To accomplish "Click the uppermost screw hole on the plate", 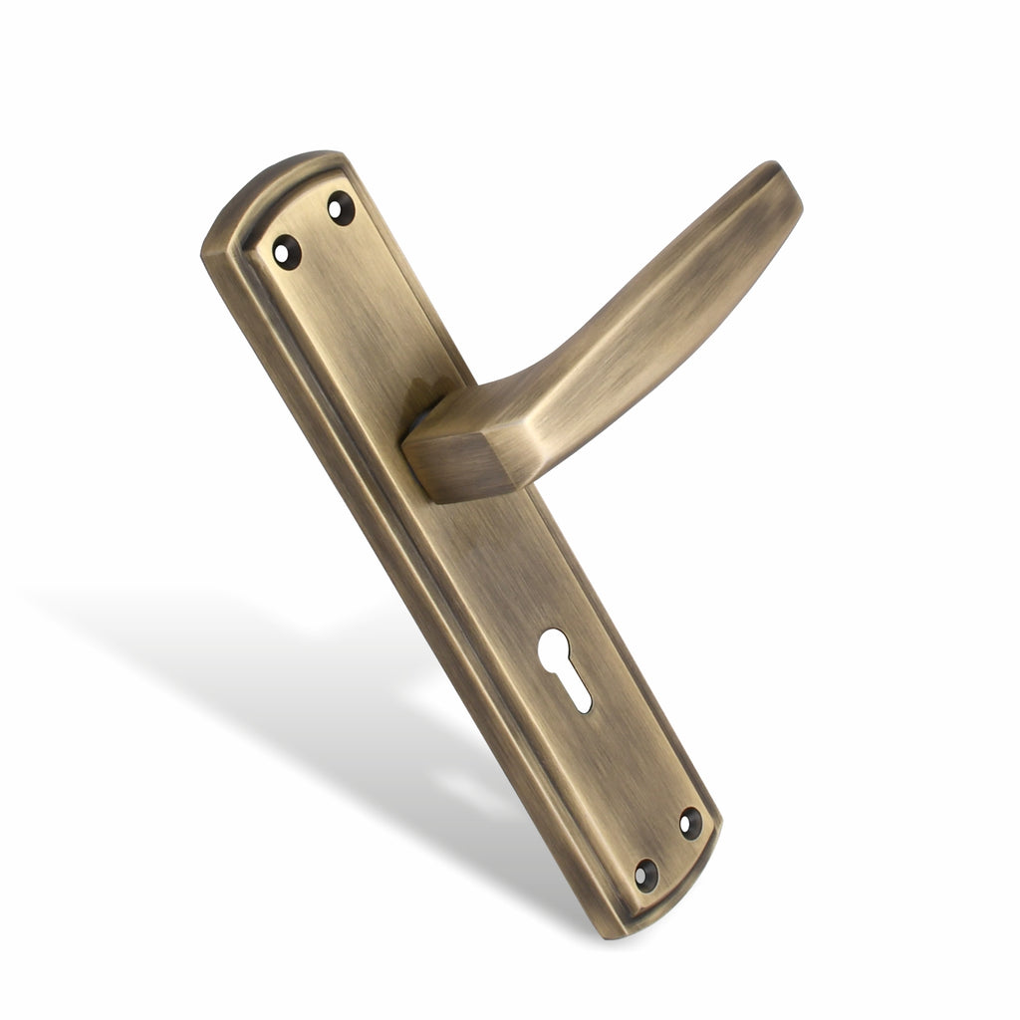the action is tap(341, 208).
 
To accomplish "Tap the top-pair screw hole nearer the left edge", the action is tap(287, 250).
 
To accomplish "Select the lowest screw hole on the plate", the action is tap(645, 874).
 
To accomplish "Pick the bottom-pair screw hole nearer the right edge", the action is tap(690, 822).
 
